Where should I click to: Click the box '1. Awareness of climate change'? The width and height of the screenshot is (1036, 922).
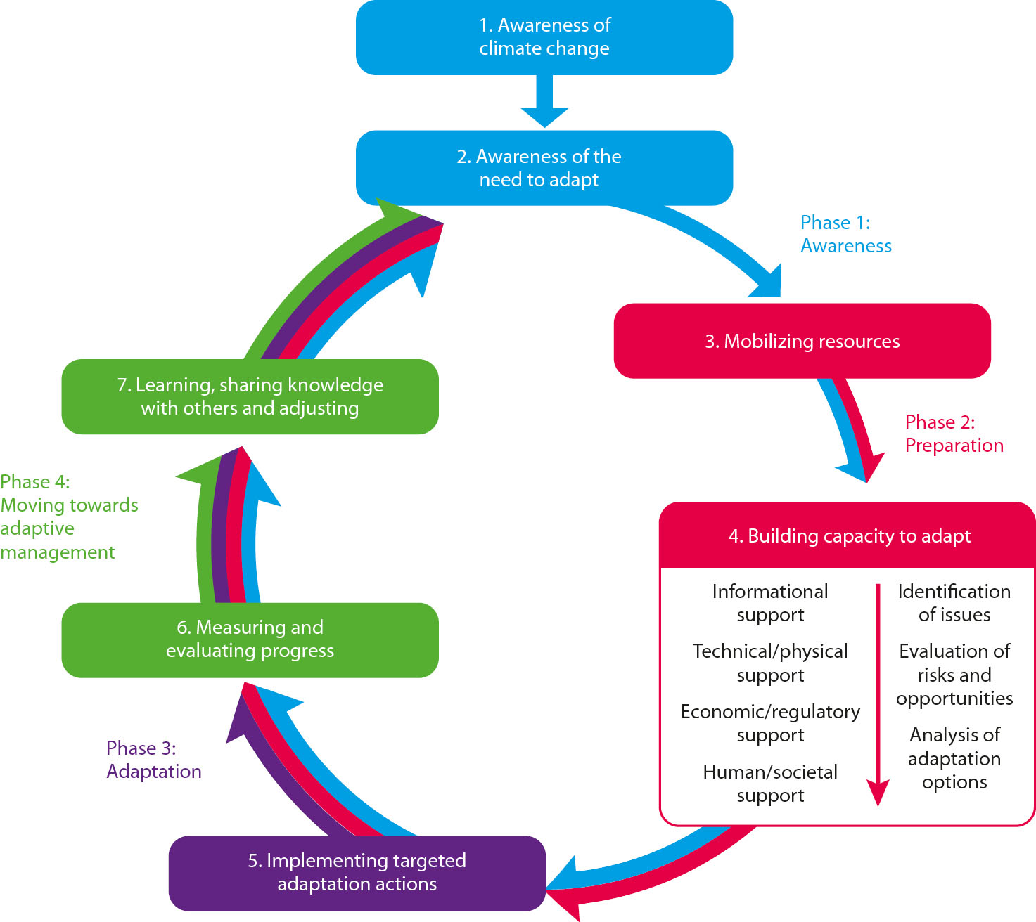click(x=544, y=37)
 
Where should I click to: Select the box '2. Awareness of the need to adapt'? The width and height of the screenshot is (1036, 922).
click(x=544, y=168)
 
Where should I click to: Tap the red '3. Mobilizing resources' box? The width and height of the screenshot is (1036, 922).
click(x=802, y=342)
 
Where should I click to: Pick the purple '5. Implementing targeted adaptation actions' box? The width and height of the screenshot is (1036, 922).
click(x=357, y=872)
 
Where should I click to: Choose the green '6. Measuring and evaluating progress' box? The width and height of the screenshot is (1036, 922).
click(x=250, y=639)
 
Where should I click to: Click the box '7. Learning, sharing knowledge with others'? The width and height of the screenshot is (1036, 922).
click(x=250, y=396)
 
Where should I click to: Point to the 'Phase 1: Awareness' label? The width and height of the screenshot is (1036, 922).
click(x=845, y=234)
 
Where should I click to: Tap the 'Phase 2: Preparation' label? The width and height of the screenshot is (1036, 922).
click(x=953, y=434)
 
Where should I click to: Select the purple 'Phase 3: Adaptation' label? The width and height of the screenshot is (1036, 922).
click(x=153, y=760)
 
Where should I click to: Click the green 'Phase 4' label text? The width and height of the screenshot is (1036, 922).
click(x=69, y=517)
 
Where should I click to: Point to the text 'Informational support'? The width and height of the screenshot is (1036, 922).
click(x=770, y=603)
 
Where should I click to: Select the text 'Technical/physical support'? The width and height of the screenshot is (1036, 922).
click(x=770, y=663)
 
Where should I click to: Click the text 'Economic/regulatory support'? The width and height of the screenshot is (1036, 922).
click(x=770, y=723)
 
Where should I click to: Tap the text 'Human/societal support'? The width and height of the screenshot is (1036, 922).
click(x=770, y=784)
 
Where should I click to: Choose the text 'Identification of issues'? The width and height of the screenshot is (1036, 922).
click(x=954, y=603)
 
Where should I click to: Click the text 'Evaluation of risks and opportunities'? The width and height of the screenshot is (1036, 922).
click(x=954, y=675)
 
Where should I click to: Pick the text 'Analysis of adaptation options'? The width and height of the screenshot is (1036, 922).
click(x=954, y=758)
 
